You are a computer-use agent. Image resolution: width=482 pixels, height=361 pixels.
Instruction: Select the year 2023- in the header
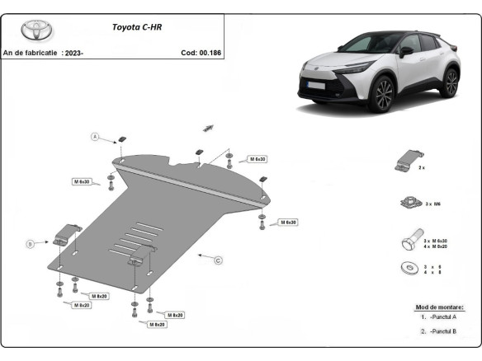click(x=73, y=53)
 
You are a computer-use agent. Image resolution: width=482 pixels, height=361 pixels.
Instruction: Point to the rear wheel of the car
click(x=451, y=83)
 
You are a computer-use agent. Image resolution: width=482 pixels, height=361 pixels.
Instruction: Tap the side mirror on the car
click(x=406, y=51)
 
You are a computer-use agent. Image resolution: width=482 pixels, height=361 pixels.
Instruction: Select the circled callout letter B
click(x=30, y=243)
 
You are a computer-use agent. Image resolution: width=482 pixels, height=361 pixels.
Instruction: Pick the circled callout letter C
click(x=219, y=261)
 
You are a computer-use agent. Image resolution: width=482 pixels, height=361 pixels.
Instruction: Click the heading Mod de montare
click(x=439, y=307)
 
